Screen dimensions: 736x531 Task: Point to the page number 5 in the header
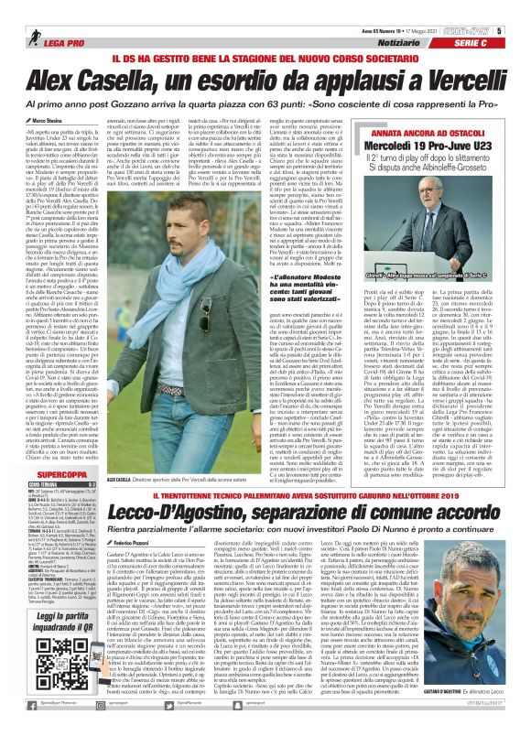click(x=525, y=8)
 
